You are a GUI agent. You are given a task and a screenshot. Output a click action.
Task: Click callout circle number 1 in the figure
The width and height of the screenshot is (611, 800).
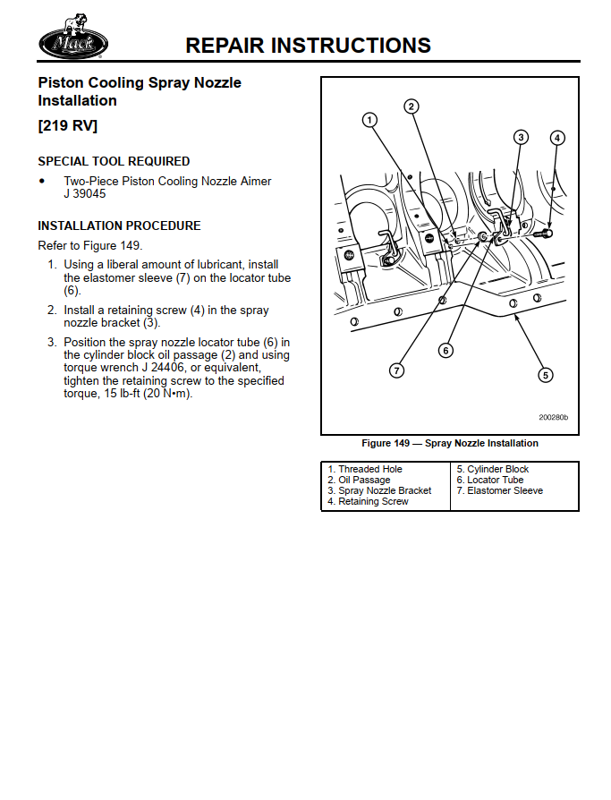tap(369, 119)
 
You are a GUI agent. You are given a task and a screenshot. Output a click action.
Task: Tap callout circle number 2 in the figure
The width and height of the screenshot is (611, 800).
tap(411, 106)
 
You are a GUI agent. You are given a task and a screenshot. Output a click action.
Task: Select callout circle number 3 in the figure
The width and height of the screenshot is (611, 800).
tap(521, 137)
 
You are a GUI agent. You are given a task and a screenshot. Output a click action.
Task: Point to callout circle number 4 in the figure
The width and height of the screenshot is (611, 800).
tap(557, 138)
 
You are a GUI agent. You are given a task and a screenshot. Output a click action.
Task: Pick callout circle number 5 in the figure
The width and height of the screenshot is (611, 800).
tap(545, 375)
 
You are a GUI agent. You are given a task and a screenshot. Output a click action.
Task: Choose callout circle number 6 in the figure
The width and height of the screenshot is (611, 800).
tap(446, 350)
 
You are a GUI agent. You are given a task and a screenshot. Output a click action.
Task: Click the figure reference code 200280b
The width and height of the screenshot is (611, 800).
tap(553, 418)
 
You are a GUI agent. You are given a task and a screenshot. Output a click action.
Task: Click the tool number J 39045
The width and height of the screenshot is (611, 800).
tap(85, 193)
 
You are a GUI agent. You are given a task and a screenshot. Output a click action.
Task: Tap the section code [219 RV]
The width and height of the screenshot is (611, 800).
tap(67, 125)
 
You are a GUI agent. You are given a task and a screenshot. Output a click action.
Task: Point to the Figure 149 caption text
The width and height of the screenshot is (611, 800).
tap(449, 443)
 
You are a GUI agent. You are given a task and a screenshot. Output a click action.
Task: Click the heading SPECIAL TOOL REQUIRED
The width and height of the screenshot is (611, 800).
tap(114, 161)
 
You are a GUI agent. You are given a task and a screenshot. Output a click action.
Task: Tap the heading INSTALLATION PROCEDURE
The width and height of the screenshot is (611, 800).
tap(119, 226)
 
